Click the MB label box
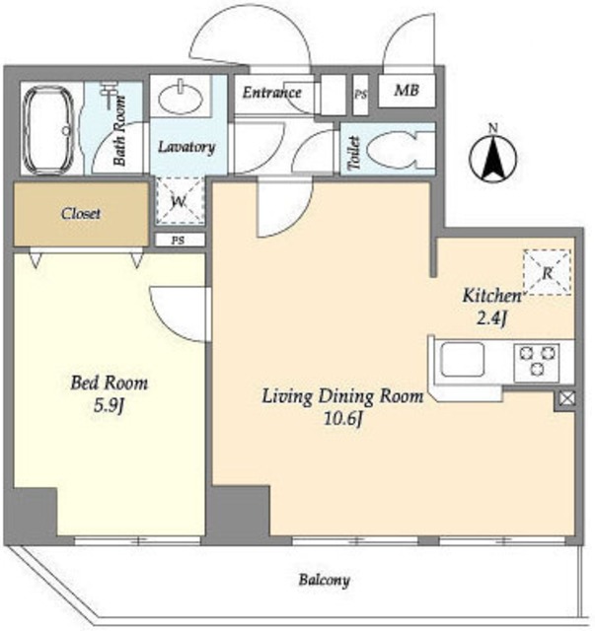pyautogui.click(x=407, y=91)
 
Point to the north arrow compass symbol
pyautogui.click(x=493, y=157)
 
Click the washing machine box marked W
pyautogui.click(x=180, y=201)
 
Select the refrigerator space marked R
pyautogui.click(x=547, y=272)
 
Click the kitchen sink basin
pyautogui.click(x=463, y=359)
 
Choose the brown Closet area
pyautogui.click(x=81, y=214)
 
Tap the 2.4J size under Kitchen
pyautogui.click(x=490, y=318)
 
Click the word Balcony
pyautogui.click(x=324, y=581)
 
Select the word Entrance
pyautogui.click(x=272, y=93)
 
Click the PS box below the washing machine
pyautogui.click(x=180, y=241)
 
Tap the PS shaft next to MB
pyautogui.click(x=360, y=95)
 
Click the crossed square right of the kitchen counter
pyautogui.click(x=567, y=398)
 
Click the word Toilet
pyautogui.click(x=353, y=153)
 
